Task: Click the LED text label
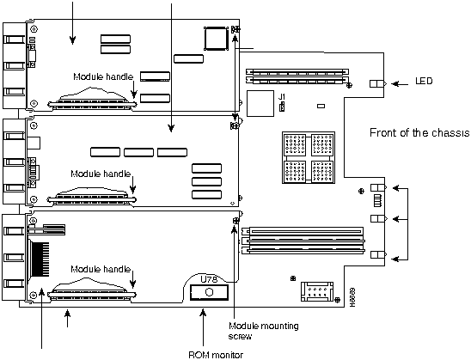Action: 424,81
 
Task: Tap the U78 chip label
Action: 209,279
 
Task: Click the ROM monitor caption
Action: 216,355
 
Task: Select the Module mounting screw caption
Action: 264,331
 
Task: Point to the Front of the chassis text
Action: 419,132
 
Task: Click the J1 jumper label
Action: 281,97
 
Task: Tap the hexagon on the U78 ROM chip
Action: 209,292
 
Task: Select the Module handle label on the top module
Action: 103,76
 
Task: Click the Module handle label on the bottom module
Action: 101,269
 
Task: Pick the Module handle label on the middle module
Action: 101,174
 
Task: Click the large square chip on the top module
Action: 216,39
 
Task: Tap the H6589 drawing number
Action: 353,297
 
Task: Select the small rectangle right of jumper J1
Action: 321,106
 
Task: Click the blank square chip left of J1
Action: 260,103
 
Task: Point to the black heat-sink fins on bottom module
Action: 40,259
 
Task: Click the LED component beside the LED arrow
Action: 378,83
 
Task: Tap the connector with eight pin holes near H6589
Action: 317,291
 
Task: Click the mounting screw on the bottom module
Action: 236,221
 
